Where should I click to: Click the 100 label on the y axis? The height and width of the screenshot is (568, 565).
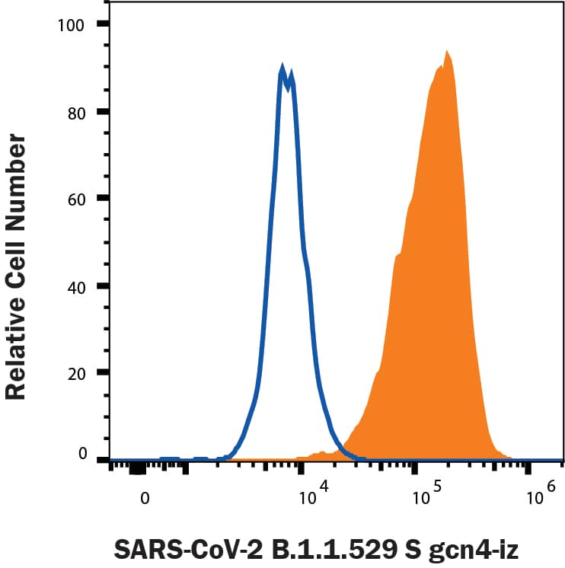74,24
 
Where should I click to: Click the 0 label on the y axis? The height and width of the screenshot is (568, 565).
84,455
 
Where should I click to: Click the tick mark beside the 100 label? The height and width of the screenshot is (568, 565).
103,24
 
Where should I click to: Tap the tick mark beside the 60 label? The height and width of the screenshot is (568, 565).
103,199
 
